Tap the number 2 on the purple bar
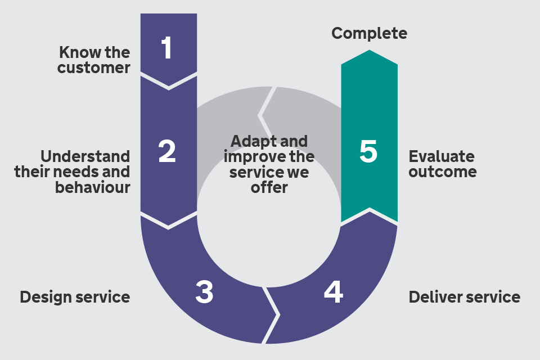click(167, 152)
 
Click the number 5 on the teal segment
click(368, 153)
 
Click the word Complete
click(369, 33)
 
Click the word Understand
click(85, 156)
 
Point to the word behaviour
click(92, 187)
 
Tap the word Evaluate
click(442, 156)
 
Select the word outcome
click(442, 172)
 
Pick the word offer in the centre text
click(269, 187)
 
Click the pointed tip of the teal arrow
click(369, 51)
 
